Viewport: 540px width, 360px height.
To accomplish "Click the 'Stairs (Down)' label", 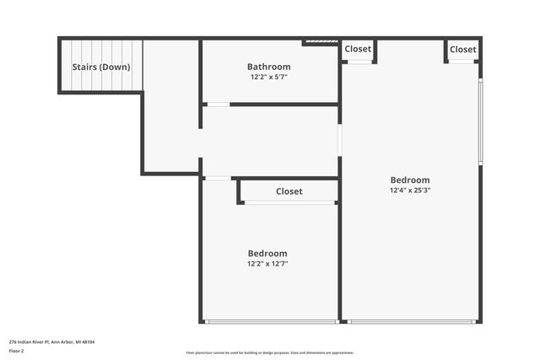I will click(x=100, y=67).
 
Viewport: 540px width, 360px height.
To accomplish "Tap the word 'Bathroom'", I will click(x=269, y=67).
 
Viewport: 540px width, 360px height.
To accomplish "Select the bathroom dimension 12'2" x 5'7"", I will click(x=269, y=78).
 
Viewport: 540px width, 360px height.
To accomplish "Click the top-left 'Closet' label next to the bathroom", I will click(x=358, y=49).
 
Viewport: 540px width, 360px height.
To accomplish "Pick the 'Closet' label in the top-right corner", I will click(x=462, y=49).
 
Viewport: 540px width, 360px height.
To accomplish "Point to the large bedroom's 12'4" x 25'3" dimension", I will click(x=410, y=191).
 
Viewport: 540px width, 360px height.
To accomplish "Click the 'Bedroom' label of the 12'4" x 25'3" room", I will click(x=410, y=180).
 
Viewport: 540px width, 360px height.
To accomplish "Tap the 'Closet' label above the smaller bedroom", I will click(x=289, y=191).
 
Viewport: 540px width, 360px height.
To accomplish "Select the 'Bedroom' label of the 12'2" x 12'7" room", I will click(x=267, y=253).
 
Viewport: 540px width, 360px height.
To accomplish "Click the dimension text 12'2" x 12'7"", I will click(x=267, y=264).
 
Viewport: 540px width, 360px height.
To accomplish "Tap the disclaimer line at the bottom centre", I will click(x=270, y=352).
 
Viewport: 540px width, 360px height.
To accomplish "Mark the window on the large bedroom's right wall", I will click(x=481, y=121).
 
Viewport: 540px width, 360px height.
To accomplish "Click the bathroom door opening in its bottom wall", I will click(x=218, y=104).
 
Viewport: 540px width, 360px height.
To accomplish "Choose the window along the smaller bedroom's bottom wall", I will click(x=271, y=321).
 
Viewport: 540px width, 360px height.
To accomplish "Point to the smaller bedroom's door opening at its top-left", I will click(x=218, y=178).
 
